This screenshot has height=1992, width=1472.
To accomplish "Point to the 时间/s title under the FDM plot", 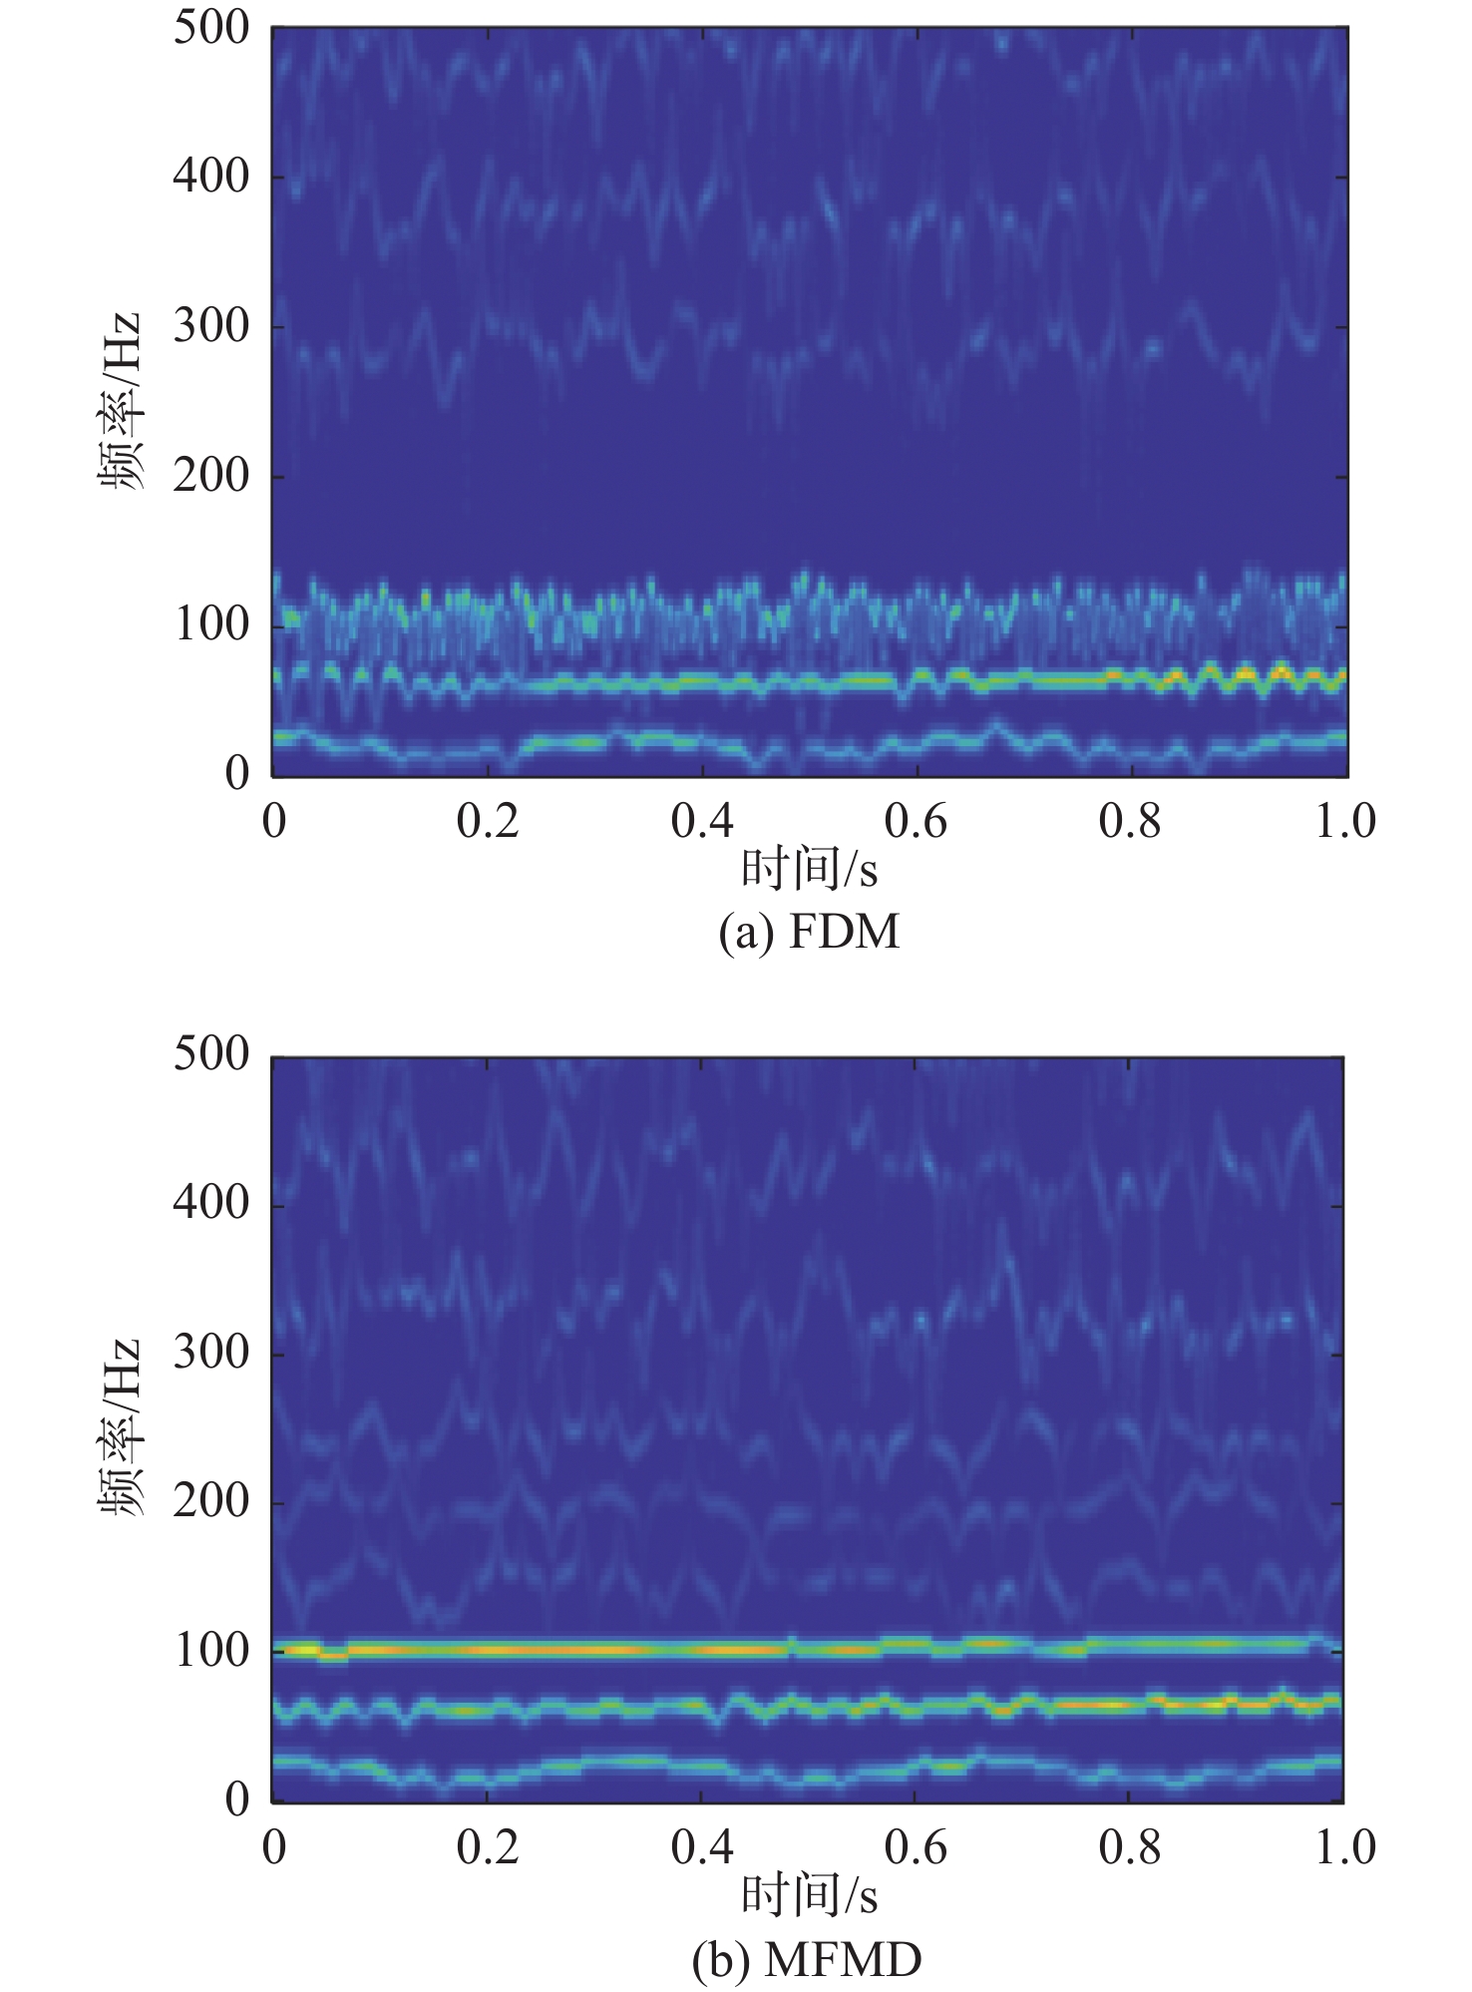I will coord(809,871).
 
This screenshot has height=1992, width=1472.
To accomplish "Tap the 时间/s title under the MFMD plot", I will coord(809,1896).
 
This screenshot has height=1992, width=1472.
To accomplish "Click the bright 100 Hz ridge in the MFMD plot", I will coord(598,1650).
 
